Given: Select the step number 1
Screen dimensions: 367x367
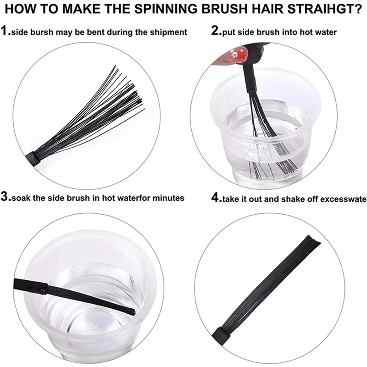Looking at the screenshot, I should (x=5, y=32).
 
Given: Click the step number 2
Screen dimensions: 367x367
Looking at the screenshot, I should (x=216, y=32).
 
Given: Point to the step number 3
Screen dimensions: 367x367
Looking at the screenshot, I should (x=6, y=198).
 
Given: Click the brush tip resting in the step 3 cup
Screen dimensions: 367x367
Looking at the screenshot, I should (x=128, y=311).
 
